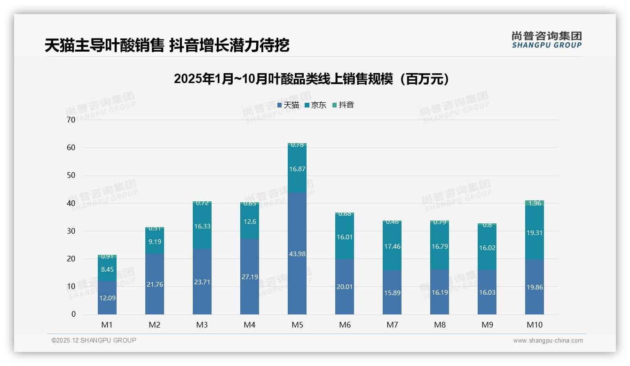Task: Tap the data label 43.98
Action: point(297,254)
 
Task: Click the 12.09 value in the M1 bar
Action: point(107,298)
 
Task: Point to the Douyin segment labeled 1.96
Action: point(535,203)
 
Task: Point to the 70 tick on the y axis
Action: point(71,120)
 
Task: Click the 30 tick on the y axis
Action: point(71,231)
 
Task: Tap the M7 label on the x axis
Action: point(392,325)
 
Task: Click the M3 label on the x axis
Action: point(202,325)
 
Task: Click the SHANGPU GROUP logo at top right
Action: point(546,40)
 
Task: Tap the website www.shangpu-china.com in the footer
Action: point(548,341)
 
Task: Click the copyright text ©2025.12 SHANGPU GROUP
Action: point(94,341)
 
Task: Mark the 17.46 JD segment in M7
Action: point(392,246)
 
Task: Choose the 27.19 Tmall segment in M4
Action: point(250,277)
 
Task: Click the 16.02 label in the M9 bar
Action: point(487,248)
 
